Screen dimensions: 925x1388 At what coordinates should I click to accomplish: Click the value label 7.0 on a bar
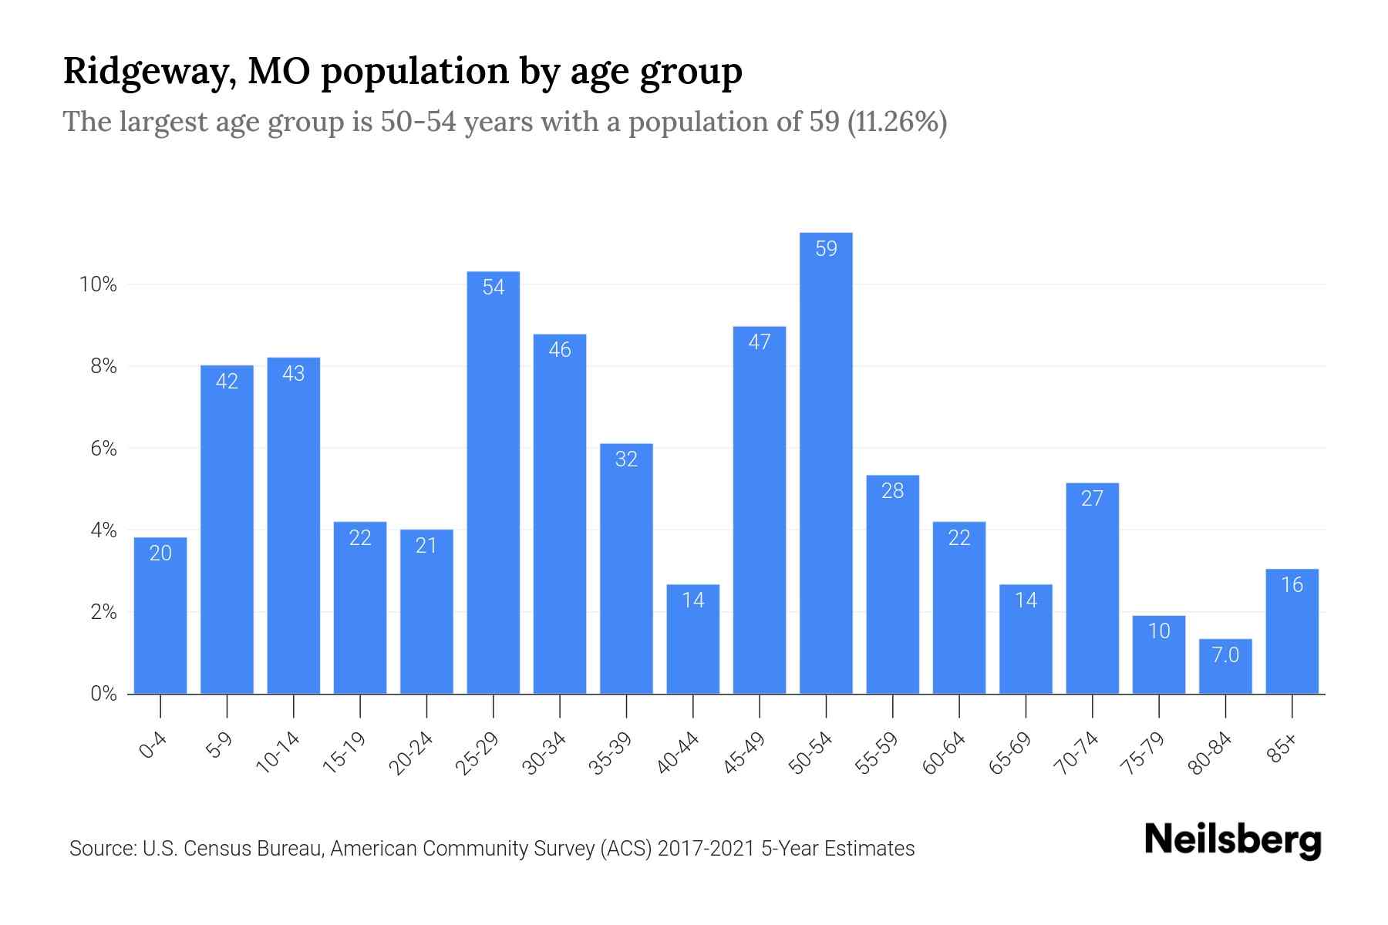tap(1225, 655)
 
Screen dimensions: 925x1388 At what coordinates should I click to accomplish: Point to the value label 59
tap(826, 249)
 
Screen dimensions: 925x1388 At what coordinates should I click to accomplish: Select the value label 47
tap(760, 342)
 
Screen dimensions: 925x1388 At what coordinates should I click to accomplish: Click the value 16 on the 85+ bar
tap(1292, 585)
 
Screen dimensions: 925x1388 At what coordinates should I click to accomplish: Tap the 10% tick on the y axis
tap(98, 285)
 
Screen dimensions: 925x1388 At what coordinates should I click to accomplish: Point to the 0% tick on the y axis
tap(103, 694)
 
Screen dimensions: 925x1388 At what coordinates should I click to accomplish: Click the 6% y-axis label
tap(103, 449)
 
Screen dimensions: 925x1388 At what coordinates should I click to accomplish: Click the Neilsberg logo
tap(1232, 840)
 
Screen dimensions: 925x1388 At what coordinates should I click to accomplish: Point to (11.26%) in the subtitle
tap(897, 122)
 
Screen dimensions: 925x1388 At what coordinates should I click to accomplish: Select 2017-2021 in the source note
tap(706, 849)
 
